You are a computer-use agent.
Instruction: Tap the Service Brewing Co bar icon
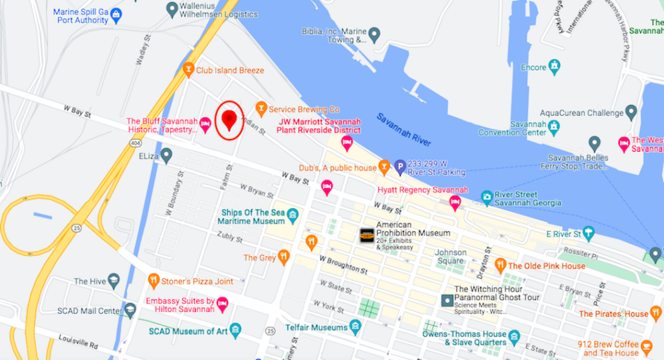tap(261, 108)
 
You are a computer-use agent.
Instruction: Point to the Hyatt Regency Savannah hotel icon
tap(455, 203)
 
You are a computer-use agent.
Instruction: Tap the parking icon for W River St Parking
tap(399, 166)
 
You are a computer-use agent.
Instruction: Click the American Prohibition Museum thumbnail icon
tap(367, 236)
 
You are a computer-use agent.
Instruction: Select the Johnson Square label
tap(451, 252)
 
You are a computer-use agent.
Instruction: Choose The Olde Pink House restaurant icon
tap(500, 265)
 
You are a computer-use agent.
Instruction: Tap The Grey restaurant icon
tap(283, 257)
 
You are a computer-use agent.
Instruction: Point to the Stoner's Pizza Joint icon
tap(154, 281)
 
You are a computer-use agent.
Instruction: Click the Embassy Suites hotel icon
tap(222, 303)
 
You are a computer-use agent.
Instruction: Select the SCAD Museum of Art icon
tap(236, 330)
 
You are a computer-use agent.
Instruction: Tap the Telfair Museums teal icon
tap(356, 326)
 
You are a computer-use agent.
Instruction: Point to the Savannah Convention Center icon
tap(554, 127)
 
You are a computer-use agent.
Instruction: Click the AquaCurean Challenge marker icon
tap(631, 113)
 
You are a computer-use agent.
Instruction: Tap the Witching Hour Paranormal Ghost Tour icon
tap(447, 300)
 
